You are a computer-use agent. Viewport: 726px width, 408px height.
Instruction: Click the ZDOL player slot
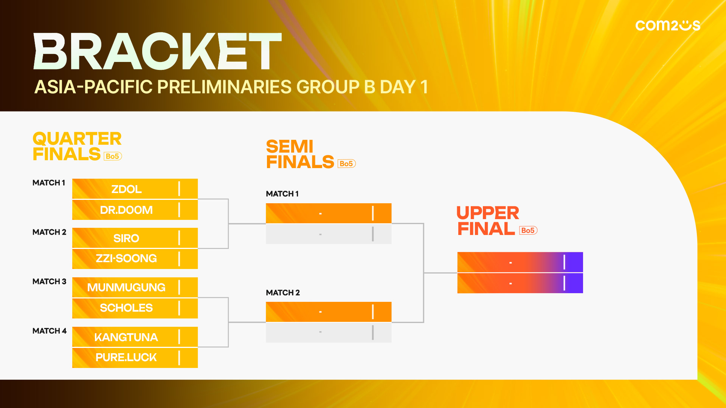pos(135,189)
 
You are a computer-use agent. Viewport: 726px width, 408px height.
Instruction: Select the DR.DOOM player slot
pos(135,210)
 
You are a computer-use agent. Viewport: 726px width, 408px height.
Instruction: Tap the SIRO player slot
pos(135,238)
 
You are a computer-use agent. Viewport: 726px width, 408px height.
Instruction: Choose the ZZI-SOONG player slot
pos(135,259)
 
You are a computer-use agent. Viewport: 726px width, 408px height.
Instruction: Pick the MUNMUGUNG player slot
pos(135,287)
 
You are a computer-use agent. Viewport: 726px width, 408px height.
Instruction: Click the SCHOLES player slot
pos(135,308)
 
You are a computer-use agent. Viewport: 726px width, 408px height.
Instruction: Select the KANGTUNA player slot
pos(135,337)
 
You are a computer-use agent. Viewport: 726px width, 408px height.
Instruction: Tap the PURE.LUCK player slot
pos(135,358)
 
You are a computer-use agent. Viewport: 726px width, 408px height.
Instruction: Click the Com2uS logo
pos(668,25)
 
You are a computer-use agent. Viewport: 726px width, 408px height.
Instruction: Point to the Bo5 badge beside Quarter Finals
pos(113,156)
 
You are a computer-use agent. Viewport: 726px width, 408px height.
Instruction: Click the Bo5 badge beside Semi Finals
pos(346,164)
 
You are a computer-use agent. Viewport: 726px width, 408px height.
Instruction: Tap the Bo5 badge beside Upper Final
pos(528,230)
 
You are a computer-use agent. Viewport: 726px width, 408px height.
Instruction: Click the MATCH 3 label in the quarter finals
pos(49,281)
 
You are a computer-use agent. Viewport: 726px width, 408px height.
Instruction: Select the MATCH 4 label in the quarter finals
pos(50,331)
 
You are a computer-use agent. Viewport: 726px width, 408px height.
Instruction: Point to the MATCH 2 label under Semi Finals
pos(283,293)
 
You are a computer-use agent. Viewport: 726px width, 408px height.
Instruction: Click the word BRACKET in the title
pos(158,51)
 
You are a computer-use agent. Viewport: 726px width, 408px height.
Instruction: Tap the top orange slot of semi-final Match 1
pos(329,213)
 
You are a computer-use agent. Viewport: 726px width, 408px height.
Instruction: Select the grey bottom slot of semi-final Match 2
pos(329,332)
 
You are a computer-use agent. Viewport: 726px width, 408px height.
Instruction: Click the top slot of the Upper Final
pos(520,262)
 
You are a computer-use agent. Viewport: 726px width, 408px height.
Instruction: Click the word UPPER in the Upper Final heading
pos(488,213)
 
